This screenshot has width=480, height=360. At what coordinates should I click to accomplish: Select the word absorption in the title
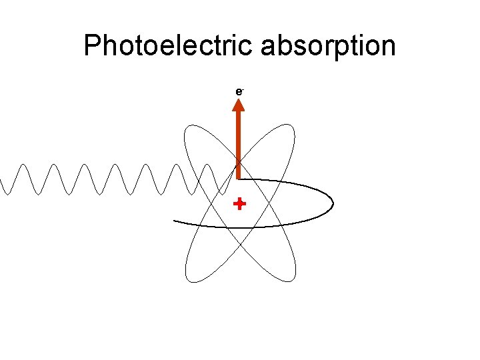point(329,47)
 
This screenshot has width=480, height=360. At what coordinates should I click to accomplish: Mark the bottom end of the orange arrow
point(239,177)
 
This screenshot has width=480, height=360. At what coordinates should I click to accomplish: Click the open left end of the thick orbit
point(175,220)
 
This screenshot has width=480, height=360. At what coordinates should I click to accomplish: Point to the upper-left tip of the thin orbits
point(189,128)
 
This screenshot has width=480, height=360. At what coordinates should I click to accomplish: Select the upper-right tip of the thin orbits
point(289,128)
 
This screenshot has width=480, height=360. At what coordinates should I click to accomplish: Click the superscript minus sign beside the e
point(241,87)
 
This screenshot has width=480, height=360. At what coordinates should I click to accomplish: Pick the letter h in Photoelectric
point(111,47)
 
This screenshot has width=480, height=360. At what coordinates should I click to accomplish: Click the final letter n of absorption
point(387,48)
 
